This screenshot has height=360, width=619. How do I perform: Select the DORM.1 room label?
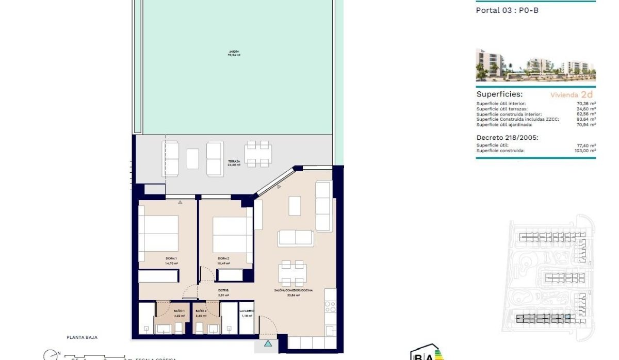tap(171, 259)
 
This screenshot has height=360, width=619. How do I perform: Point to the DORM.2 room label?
tap(223, 259)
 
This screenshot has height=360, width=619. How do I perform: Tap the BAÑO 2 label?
tap(201, 312)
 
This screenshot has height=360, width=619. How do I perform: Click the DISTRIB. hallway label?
tap(223, 291)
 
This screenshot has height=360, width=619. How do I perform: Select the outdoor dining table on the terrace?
tap(258, 153)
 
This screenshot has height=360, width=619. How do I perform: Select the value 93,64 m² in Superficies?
tap(586, 119)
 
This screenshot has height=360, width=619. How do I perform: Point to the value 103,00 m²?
tap(585, 151)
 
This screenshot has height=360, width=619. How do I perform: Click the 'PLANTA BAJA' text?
tap(82, 337)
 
